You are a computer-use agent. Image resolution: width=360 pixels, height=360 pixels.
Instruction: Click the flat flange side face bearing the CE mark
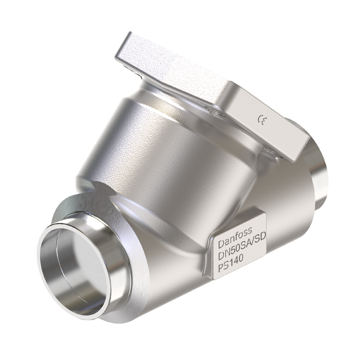click(x=263, y=123)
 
